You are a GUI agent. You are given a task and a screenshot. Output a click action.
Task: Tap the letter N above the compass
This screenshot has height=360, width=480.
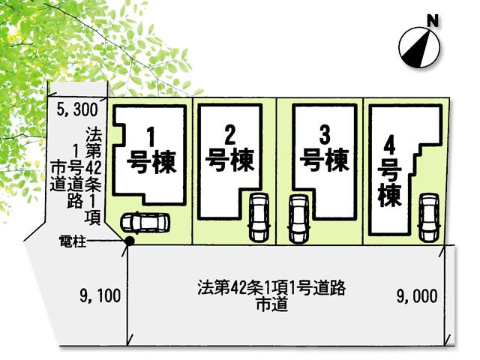431,20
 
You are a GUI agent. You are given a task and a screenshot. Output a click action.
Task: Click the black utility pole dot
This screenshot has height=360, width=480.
129,241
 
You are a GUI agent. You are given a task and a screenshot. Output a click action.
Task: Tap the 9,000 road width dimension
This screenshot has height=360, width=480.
416,295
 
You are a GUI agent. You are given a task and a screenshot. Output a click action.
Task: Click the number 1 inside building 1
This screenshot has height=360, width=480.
151,137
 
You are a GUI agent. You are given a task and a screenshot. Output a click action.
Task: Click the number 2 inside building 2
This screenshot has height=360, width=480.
230,135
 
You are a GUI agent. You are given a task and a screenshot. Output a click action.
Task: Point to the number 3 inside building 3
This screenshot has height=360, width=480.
324,135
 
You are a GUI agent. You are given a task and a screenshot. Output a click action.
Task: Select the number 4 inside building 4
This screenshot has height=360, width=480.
389,143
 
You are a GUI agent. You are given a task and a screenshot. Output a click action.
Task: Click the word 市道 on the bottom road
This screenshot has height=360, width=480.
272,304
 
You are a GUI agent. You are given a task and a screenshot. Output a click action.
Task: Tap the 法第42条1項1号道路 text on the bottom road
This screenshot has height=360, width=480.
272,287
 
